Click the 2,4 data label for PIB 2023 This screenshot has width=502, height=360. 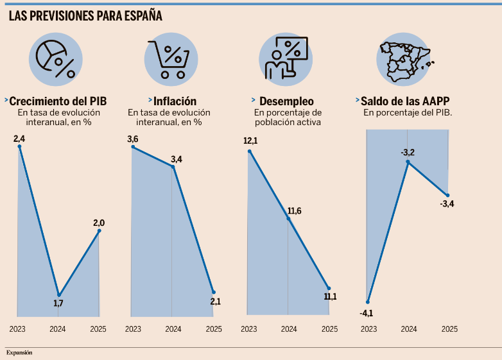(19, 138)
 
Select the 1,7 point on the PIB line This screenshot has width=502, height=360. (58, 295)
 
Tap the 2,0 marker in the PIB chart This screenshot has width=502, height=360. (99, 231)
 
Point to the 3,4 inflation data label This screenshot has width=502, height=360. (176, 159)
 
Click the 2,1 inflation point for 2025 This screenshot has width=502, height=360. (214, 293)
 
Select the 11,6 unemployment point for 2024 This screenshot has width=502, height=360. (288, 219)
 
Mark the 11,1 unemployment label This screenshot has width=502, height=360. (330, 296)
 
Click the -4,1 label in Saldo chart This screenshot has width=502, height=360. (367, 313)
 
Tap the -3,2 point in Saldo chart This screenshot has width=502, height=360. (408, 162)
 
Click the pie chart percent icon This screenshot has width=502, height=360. (55, 60)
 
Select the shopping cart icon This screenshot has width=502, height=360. (170, 60)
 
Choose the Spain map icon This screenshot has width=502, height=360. (402, 60)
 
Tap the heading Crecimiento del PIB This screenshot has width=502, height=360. (58, 101)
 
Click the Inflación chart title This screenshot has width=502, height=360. (175, 101)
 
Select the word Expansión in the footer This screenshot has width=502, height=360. (19, 352)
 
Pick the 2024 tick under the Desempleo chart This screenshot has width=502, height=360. (288, 329)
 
